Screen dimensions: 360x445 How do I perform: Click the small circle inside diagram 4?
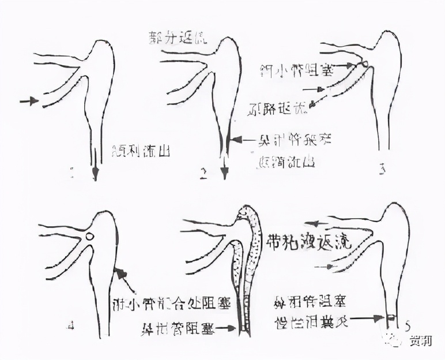(x=89, y=236)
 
